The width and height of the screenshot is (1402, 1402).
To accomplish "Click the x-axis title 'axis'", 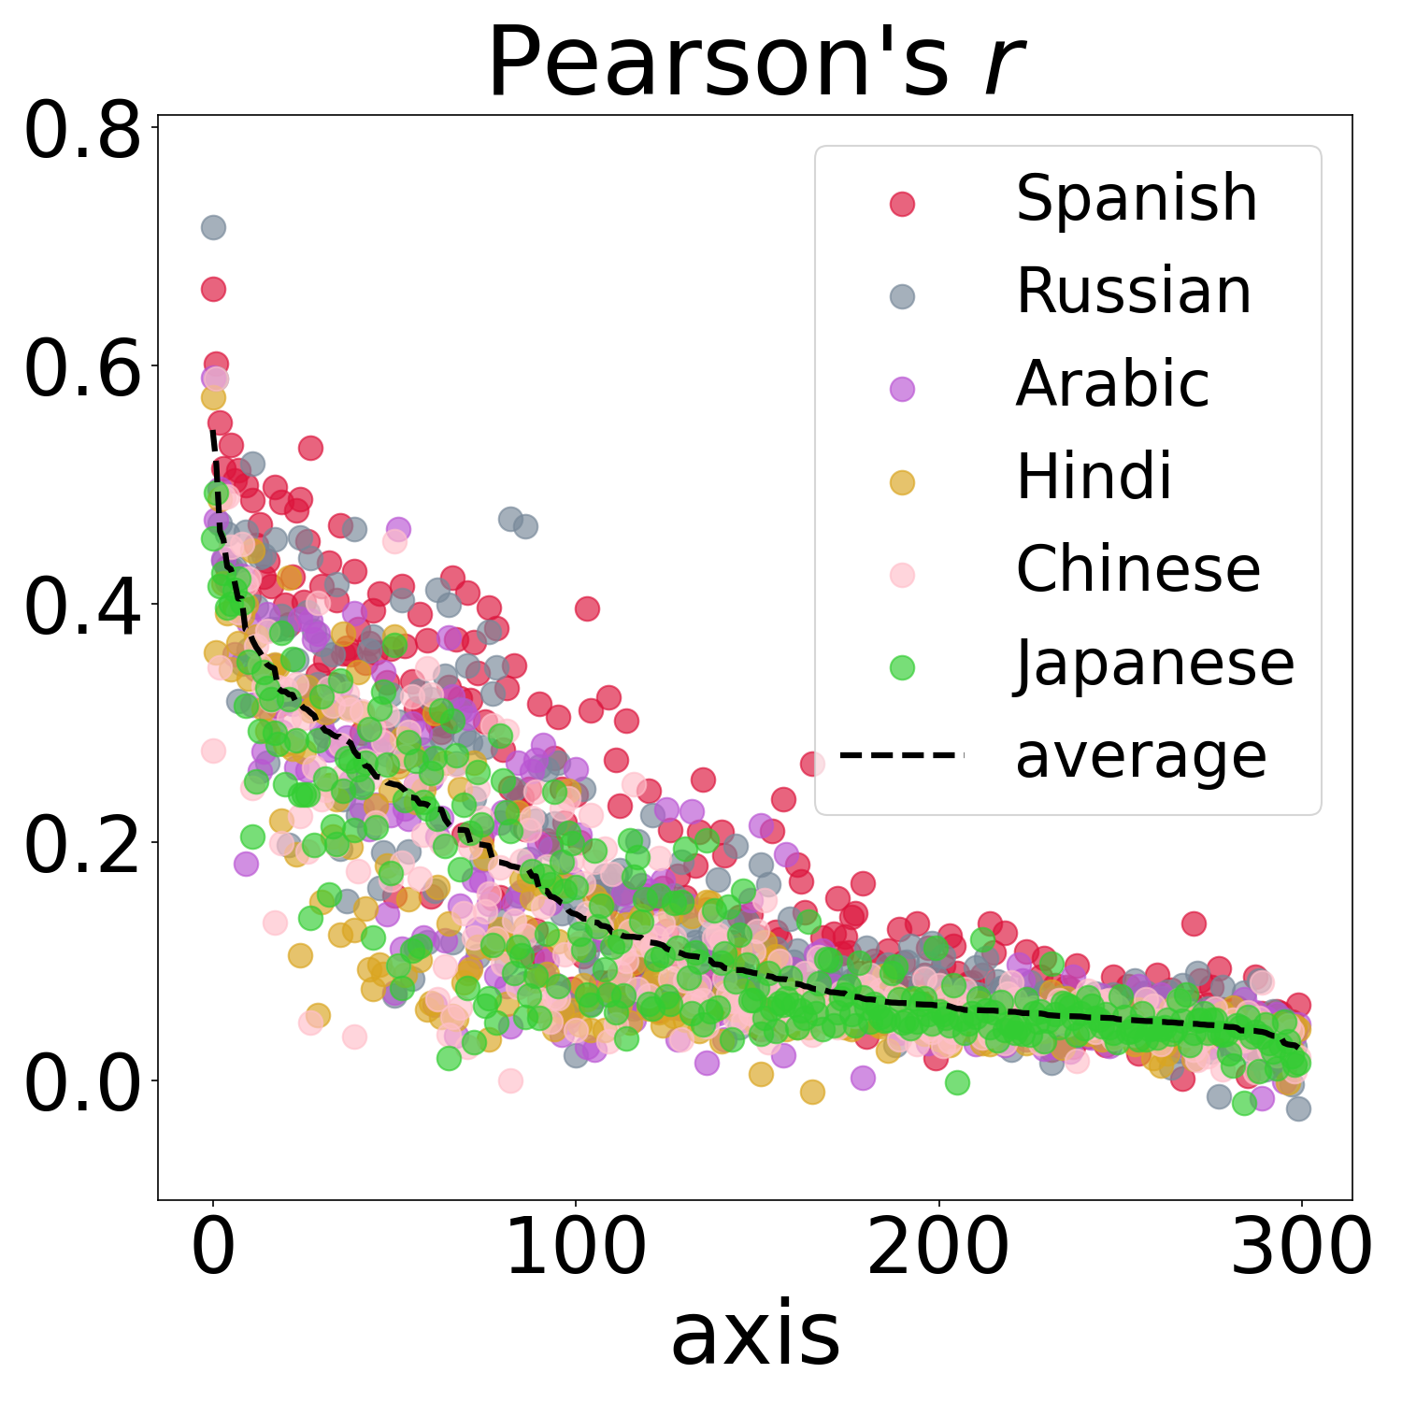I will pos(755,1335).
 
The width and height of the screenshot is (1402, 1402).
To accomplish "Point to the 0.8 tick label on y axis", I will pos(82,132).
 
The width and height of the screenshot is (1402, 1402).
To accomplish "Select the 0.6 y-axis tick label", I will pos(82,370).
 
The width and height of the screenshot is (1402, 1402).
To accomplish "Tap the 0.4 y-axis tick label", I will pos(82,608).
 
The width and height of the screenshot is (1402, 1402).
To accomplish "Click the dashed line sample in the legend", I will pos(901,754).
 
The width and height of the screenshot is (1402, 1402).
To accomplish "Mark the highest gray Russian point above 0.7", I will pos(213,227).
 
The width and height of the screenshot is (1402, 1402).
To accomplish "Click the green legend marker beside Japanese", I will pos(902,667).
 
